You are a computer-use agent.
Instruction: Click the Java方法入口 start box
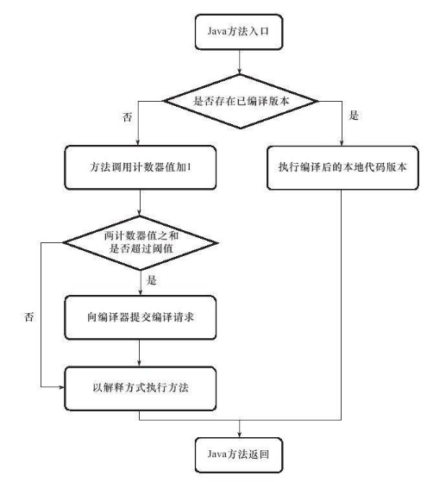tap(236, 34)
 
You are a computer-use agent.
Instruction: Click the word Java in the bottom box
tap(212, 451)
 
